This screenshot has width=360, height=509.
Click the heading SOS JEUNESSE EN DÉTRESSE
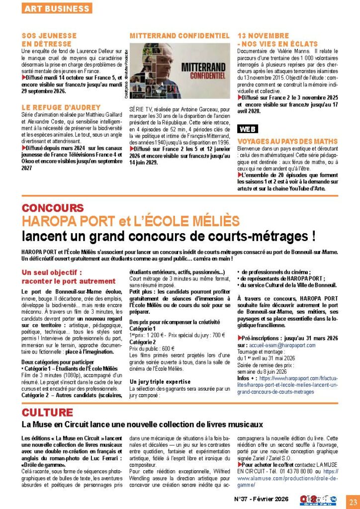click(49, 40)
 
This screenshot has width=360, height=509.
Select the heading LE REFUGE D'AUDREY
click(61, 107)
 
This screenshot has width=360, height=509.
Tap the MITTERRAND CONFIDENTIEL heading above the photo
click(180, 36)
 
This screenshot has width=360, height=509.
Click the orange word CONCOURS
click(53, 208)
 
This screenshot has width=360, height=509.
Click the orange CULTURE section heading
click(48, 412)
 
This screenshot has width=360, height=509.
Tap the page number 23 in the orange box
click(353, 500)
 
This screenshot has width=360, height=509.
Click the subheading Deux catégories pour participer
click(56, 362)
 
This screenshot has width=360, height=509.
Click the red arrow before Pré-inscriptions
click(240, 338)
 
